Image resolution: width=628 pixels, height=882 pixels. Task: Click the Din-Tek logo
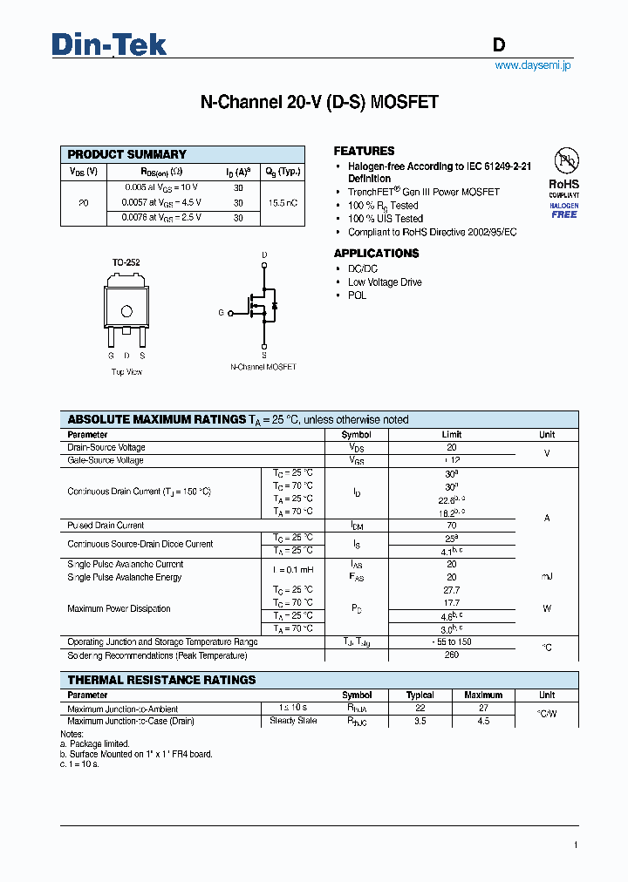pyautogui.click(x=109, y=44)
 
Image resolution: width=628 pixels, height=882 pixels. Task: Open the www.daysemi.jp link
pyautogui.click(x=532, y=66)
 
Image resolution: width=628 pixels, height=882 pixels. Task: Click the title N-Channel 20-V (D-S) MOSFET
pyautogui.click(x=319, y=103)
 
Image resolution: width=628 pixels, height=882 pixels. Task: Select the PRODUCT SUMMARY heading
pyautogui.click(x=127, y=154)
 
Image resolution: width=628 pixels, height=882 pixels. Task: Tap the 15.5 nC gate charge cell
pyautogui.click(x=283, y=202)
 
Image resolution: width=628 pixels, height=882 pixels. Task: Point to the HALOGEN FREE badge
pyautogui.click(x=563, y=210)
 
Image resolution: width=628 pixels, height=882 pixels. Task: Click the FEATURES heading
pyautogui.click(x=364, y=151)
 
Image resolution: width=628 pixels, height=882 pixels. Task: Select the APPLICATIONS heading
pyautogui.click(x=376, y=254)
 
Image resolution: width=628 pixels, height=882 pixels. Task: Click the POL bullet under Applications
pyautogui.click(x=357, y=295)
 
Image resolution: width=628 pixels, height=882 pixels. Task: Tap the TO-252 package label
pyautogui.click(x=126, y=262)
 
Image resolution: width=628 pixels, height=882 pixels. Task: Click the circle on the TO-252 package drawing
pyautogui.click(x=126, y=311)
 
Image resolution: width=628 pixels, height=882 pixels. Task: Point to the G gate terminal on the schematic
pyautogui.click(x=222, y=312)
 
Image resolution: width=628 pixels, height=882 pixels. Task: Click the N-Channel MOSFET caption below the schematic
pyautogui.click(x=263, y=367)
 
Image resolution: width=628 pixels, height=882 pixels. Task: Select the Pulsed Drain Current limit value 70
pyautogui.click(x=452, y=526)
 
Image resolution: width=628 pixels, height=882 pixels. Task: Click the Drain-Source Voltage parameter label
pyautogui.click(x=106, y=447)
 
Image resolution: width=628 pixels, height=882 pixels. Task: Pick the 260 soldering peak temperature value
pyautogui.click(x=452, y=655)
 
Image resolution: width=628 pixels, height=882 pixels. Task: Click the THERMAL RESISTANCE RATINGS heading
pyautogui.click(x=162, y=680)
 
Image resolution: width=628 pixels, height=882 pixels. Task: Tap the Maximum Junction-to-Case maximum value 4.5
pyautogui.click(x=483, y=721)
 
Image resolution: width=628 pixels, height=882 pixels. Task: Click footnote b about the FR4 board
pyautogui.click(x=138, y=754)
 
